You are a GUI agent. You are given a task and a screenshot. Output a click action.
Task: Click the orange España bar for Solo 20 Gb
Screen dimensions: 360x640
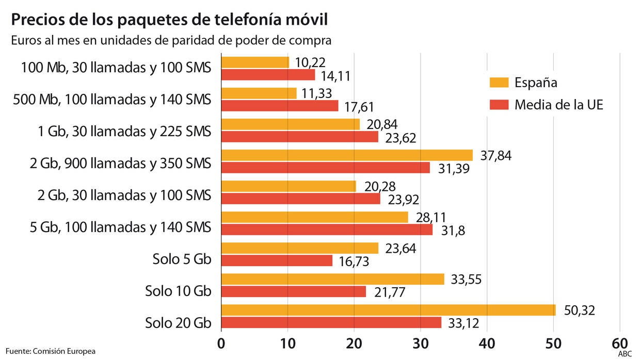tap(388, 310)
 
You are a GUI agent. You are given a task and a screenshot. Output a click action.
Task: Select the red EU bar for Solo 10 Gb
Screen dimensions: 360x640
tap(294, 291)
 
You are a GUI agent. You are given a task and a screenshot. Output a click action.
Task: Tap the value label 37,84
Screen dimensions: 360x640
tap(495, 156)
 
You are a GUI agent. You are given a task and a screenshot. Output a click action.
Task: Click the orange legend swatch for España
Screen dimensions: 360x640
tap(498, 83)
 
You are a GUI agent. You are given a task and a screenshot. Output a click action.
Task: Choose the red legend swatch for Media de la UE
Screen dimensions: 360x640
tap(498, 105)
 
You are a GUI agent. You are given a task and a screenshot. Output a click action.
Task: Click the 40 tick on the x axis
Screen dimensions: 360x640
tap(487, 343)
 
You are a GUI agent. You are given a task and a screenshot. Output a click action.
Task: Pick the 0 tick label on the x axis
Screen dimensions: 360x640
tap(221, 343)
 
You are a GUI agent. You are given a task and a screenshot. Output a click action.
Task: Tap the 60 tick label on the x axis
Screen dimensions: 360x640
tap(620, 343)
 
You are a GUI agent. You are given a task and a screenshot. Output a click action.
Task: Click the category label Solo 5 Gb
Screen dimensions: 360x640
tap(182, 260)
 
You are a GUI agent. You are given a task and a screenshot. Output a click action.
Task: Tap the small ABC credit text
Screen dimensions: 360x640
tap(625, 353)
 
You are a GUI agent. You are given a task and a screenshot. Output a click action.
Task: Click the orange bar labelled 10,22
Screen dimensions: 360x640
tap(255, 62)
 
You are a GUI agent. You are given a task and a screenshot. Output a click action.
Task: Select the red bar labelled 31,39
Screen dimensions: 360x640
tap(326, 168)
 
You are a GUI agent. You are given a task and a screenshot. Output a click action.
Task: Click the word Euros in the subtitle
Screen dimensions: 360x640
tap(26, 41)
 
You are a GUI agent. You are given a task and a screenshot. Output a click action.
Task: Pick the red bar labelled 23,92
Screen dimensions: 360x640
tap(301, 199)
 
